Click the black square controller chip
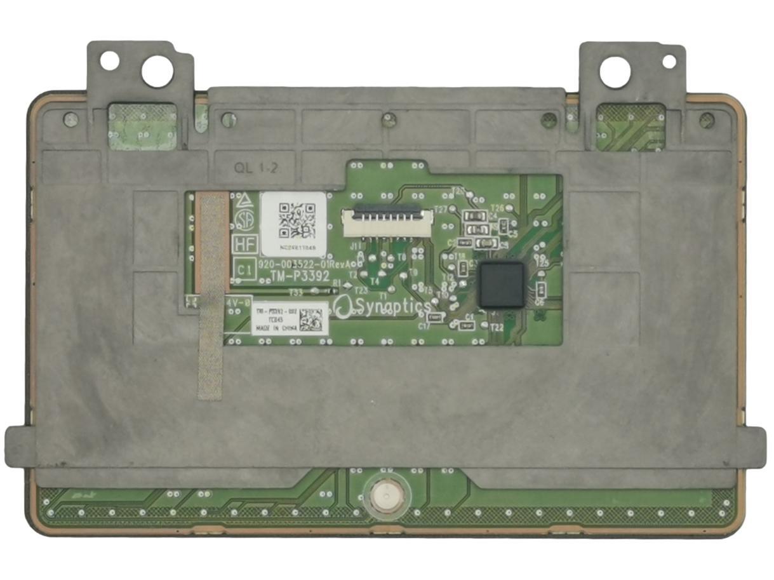pos(502,285)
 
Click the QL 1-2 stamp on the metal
pos(256,168)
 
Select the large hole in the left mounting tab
pos(157,71)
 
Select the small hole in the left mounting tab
pos(109,61)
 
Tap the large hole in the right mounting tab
pos(615,72)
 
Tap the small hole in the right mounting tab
pos(669,61)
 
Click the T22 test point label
pos(497,327)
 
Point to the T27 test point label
pos(440,209)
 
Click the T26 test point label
pos(497,208)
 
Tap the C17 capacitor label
pos(424,326)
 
